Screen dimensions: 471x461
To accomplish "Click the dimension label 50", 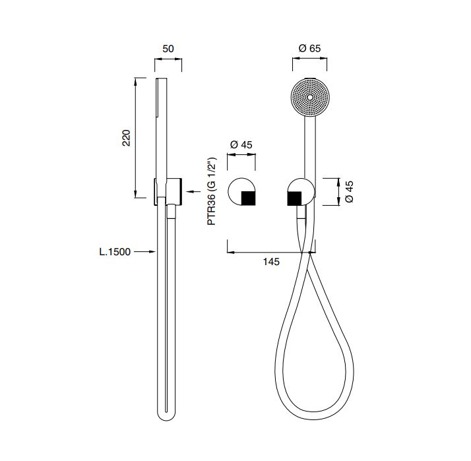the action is (168, 49).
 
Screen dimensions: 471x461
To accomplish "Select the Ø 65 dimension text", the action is (309, 48).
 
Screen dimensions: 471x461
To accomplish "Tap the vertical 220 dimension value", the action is (127, 138).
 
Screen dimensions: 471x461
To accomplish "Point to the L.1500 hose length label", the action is (115, 252).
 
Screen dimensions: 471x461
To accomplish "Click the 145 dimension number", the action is (271, 262).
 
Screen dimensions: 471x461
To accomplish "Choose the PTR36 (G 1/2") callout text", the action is (212, 191).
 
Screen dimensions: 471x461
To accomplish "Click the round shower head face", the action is (310, 98).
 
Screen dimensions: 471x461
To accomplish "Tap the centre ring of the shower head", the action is (310, 98).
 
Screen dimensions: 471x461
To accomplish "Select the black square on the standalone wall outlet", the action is (249, 199).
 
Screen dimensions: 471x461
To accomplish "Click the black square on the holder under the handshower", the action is (294, 199).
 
